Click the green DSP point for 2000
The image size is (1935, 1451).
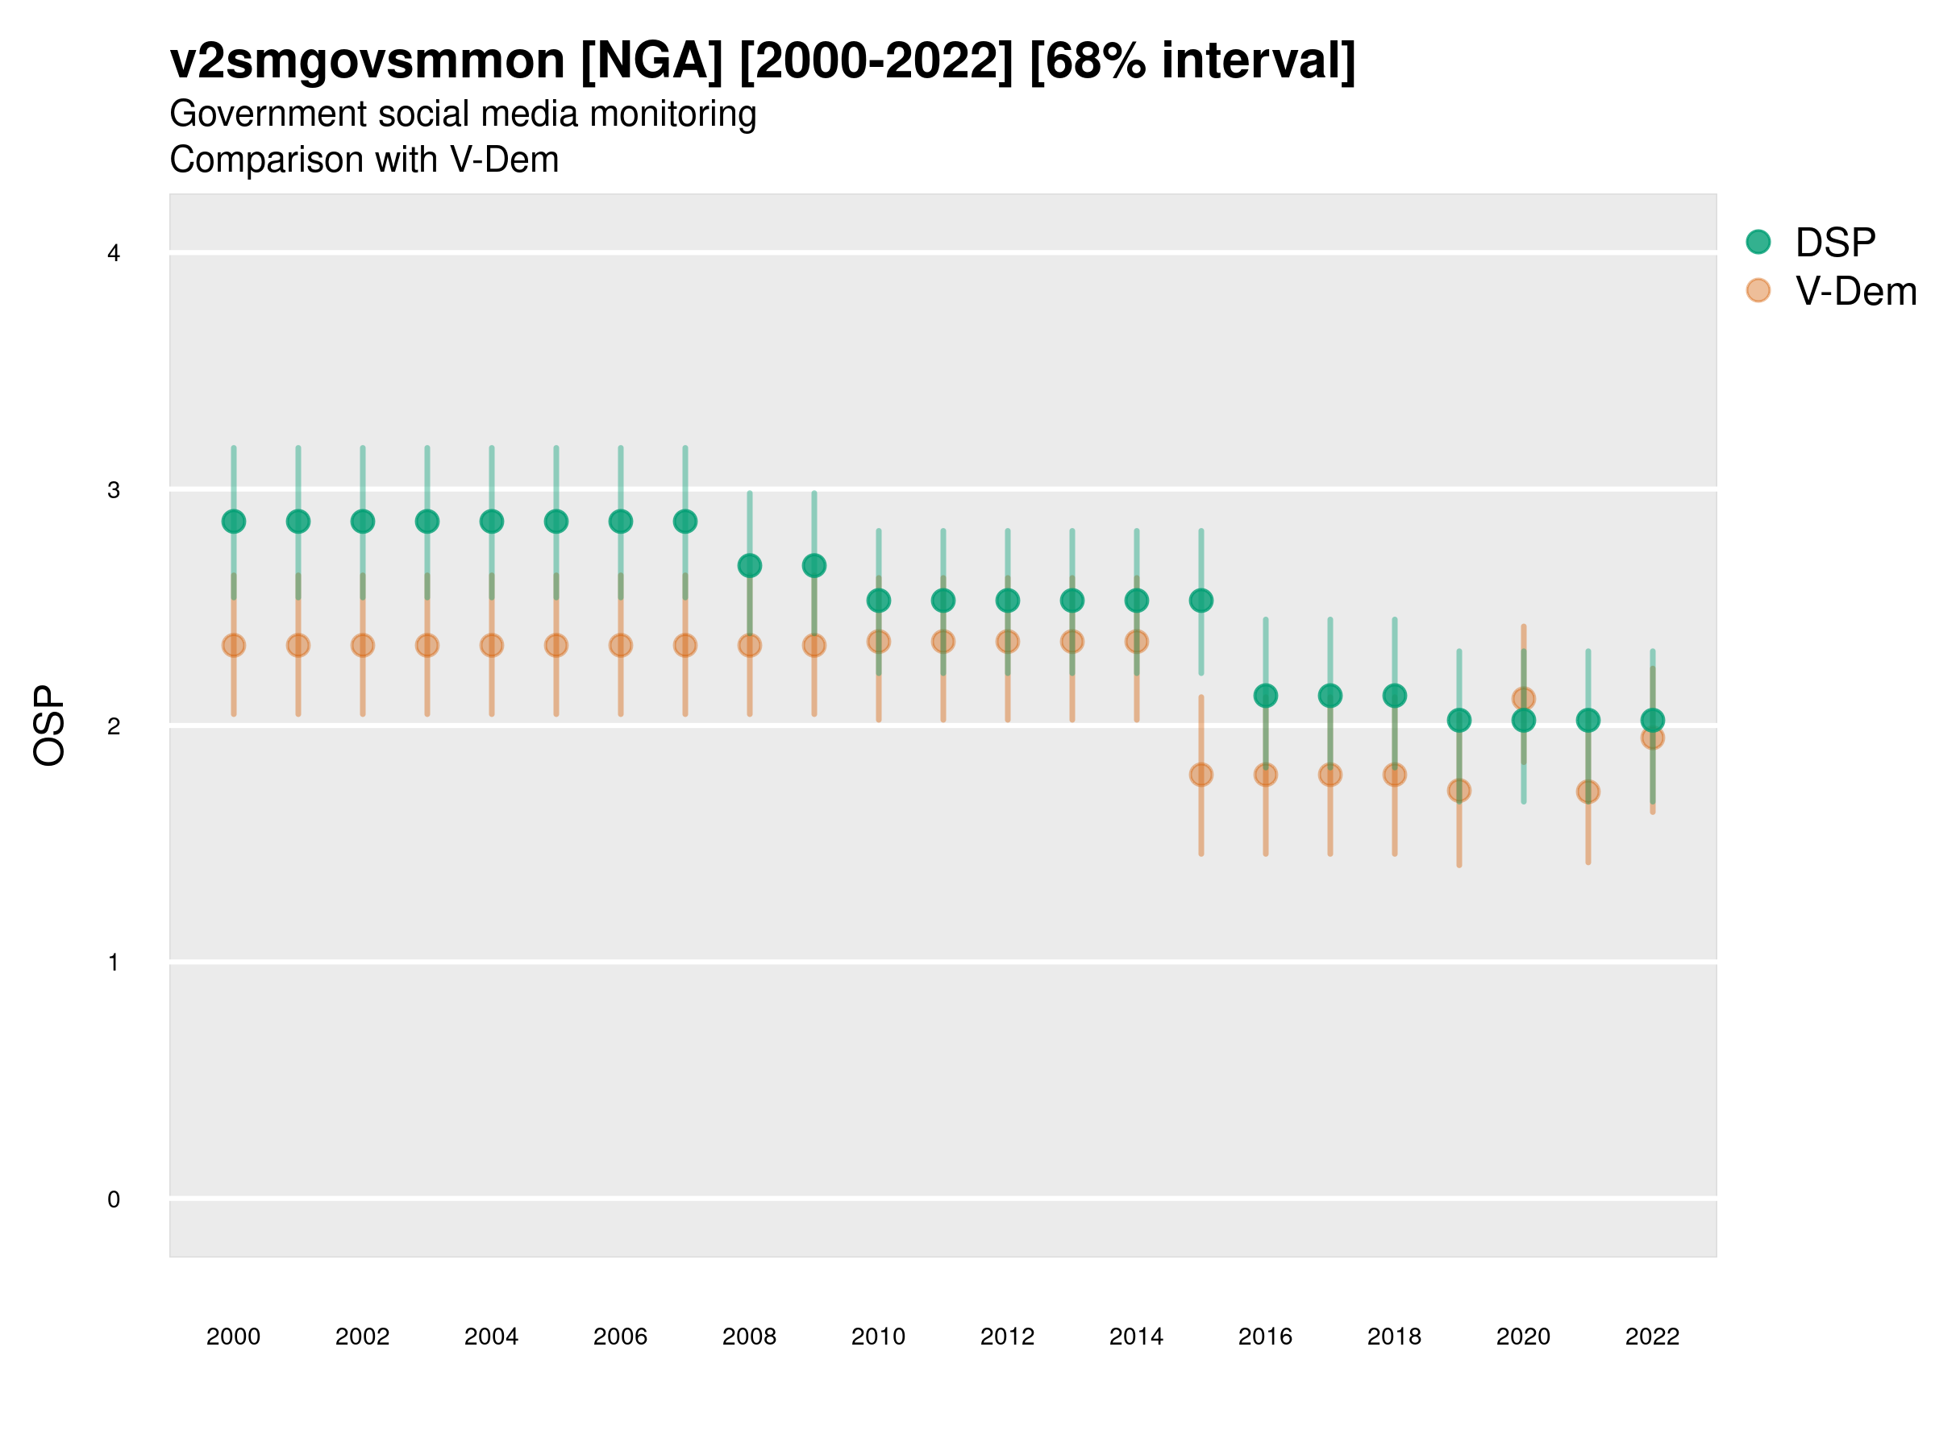(234, 522)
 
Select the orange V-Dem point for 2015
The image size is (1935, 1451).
(1201, 775)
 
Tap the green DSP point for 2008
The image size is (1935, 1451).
(750, 566)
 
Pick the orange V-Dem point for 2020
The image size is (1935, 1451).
(1523, 699)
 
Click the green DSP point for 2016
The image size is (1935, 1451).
(1266, 696)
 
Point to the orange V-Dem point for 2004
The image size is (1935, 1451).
(492, 646)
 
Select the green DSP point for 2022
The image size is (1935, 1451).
(1653, 721)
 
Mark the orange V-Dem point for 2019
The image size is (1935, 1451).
(1459, 791)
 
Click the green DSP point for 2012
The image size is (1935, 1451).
(1008, 601)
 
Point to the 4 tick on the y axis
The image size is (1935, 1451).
(114, 254)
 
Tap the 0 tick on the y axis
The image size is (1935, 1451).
(114, 1199)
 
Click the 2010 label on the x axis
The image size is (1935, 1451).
(878, 1337)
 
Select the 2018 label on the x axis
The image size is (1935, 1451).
(1394, 1337)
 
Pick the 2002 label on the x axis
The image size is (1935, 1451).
(362, 1337)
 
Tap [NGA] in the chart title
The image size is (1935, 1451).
(651, 61)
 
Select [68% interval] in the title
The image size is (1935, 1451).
(1192, 61)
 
